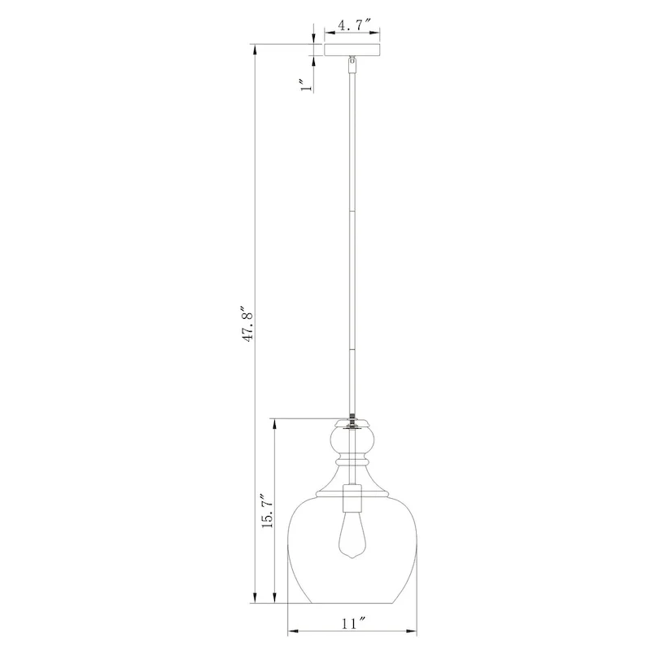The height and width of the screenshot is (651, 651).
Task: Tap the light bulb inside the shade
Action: click(x=352, y=536)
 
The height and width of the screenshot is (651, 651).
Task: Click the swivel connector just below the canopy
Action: click(x=352, y=61)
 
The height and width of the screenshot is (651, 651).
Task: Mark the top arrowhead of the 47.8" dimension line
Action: click(x=256, y=48)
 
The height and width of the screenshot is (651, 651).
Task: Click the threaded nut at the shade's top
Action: click(x=352, y=422)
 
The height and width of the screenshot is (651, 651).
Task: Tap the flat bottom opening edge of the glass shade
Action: click(x=352, y=604)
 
